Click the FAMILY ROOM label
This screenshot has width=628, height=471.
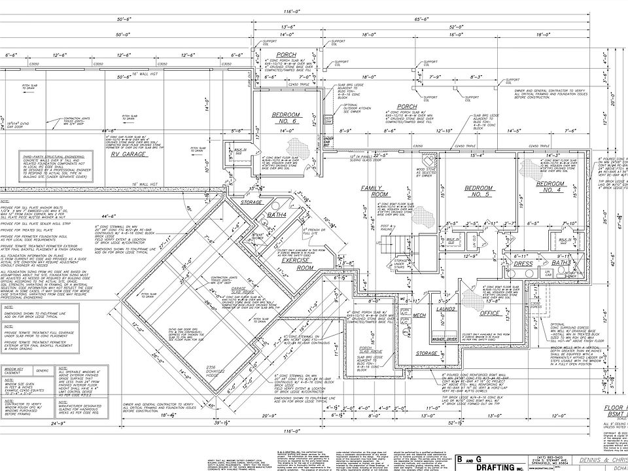coord(375,191)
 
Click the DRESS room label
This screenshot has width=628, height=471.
coord(524,263)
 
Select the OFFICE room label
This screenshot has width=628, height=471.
coord(489,313)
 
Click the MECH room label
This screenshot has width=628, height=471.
coord(419,315)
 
